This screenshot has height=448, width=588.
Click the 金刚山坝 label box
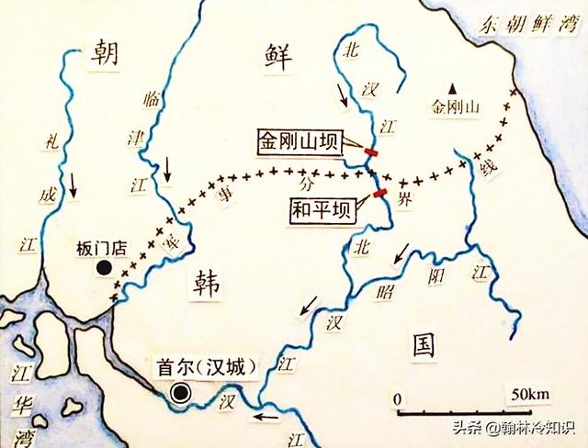[x=300, y=142]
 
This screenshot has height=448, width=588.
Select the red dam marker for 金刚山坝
[x=370, y=152]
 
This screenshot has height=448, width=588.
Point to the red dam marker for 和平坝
[x=379, y=193]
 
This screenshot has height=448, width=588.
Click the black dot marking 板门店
[x=106, y=268]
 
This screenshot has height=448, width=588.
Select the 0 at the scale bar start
[x=397, y=399]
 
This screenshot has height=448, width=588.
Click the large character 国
[x=422, y=344]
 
